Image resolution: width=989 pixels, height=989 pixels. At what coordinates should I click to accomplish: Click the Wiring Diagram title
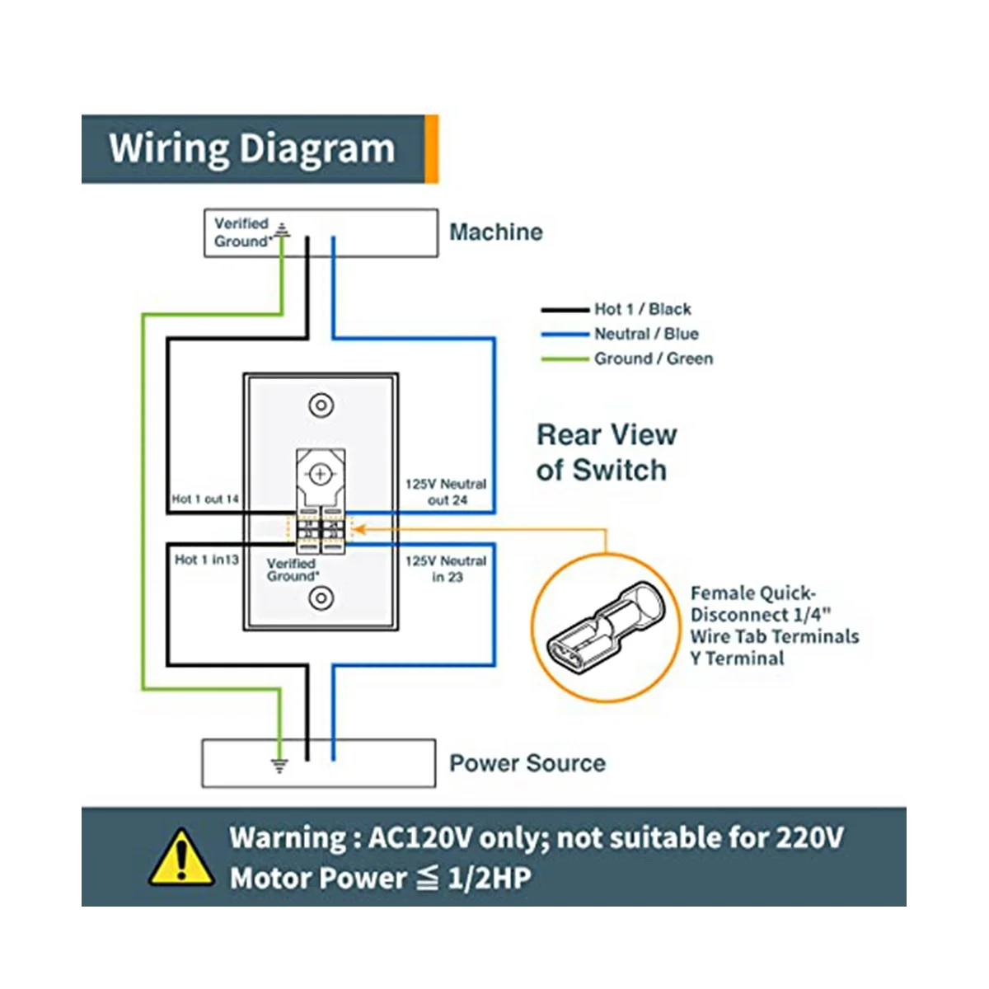252,148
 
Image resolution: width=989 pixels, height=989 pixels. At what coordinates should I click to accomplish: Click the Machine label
496,232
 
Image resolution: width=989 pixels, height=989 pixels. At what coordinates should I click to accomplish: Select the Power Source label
527,763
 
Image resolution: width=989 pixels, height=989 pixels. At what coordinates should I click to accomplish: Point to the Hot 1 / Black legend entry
642,309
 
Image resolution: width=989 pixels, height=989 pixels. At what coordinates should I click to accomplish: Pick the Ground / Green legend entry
653,359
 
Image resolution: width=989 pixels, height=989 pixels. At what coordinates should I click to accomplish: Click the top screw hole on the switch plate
320,405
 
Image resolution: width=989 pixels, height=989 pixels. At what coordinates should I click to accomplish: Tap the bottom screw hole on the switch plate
320,599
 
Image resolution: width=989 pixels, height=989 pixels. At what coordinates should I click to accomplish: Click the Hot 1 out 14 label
206,499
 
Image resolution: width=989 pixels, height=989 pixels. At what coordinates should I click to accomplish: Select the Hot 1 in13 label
206,560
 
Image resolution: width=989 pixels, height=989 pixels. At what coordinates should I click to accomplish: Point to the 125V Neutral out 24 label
446,492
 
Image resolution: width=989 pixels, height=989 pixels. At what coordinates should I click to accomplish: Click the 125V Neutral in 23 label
446,569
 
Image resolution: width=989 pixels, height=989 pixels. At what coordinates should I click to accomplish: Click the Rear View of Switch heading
607,452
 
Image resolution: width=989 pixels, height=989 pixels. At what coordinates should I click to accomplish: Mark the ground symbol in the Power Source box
280,766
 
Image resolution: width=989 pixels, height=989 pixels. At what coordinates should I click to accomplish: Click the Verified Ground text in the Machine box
241,232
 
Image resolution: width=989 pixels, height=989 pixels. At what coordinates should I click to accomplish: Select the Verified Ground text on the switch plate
292,569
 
